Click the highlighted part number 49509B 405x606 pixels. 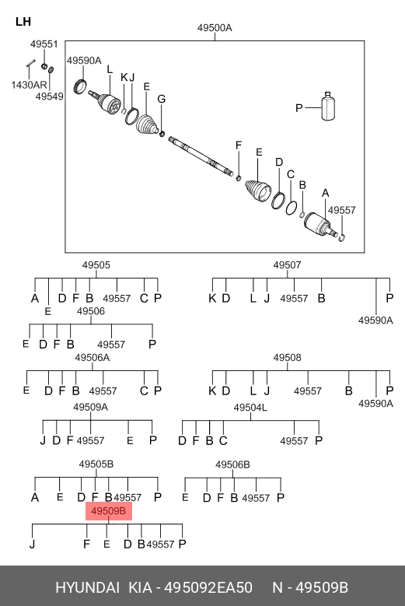coord(109,511)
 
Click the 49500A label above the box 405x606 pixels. coord(215,28)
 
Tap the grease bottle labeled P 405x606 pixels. coord(328,106)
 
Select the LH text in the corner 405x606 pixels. coord(23,22)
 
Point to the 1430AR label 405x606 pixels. coord(29,85)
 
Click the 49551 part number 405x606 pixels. coord(44,44)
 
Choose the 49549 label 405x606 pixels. coord(50,96)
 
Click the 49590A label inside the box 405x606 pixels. coord(84,61)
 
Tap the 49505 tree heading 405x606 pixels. coord(96,265)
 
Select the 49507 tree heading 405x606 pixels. coord(288,265)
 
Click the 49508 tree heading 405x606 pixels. coord(288,358)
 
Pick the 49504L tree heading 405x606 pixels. coord(250,408)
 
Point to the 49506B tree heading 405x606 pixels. coord(232,464)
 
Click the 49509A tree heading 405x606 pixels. coord(91,407)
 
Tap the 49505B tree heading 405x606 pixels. coord(96,464)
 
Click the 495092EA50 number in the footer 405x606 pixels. coord(208,588)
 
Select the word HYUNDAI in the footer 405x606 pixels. coord(88,588)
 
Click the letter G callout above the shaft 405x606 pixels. coord(162,99)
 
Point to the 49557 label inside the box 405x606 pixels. coord(342,210)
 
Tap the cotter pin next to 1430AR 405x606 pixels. coord(30,63)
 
